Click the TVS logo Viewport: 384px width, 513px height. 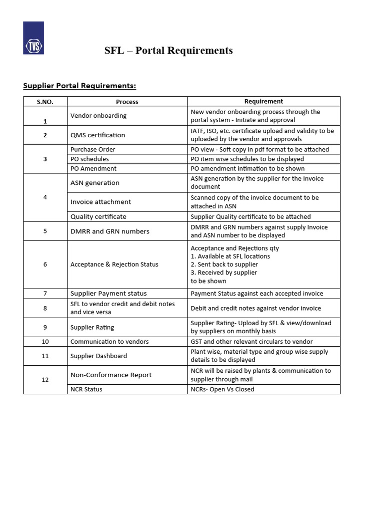pos(33,38)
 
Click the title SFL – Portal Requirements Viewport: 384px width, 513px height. pos(168,51)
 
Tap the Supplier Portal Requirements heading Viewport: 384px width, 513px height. pos(79,86)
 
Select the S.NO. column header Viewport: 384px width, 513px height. pos(45,102)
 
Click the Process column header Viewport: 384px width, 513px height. pos(127,102)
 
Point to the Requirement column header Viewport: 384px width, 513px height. pos(263,101)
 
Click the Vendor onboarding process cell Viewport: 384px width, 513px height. pos(98,116)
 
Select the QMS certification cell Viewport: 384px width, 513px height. pos(98,135)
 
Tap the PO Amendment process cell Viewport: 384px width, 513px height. pos(93,169)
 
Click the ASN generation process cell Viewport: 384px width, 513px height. pos(95,183)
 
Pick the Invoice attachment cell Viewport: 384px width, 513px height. pos(100,202)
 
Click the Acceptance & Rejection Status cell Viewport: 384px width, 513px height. pos(114,265)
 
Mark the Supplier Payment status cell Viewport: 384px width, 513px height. pos(108,294)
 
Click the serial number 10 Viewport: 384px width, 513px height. pos(45,342)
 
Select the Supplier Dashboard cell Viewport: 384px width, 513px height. pos(98,356)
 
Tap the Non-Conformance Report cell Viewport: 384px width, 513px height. pos(111,375)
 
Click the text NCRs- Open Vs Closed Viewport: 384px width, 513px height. pos(222,389)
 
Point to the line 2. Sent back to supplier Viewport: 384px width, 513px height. pos(224,265)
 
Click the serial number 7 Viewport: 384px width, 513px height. pos(45,294)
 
